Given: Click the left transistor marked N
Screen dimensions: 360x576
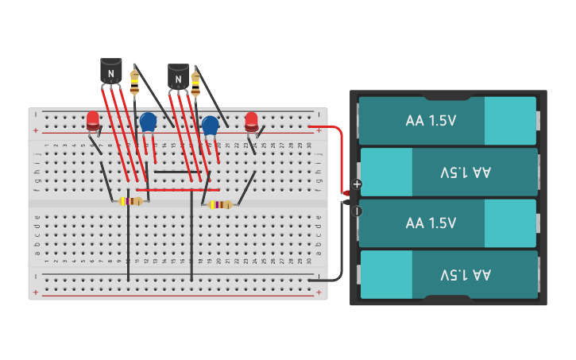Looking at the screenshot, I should point(111,72).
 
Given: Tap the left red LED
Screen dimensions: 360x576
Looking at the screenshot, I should point(93,121).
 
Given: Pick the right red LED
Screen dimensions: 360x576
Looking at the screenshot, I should point(252,121).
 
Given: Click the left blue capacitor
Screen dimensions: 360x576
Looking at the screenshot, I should point(148,122).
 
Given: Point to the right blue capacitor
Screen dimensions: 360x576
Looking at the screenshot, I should point(210,126).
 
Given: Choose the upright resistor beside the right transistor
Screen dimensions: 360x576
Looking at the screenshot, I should point(195,81).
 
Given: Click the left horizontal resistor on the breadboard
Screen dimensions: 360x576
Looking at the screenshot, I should point(131,201).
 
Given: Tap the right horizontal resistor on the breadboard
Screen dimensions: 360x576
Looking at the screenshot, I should point(220,204).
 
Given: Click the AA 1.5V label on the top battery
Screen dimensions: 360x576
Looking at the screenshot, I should point(431,121).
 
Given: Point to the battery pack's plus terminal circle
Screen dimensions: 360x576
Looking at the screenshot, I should point(357,184).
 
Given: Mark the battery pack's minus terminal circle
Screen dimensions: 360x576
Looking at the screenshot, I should point(357,211).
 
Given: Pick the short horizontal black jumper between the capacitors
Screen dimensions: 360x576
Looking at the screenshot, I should point(177,172).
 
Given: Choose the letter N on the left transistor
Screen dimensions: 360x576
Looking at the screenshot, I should point(111,74).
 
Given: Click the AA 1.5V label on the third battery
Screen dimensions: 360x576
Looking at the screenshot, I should point(431,223).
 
